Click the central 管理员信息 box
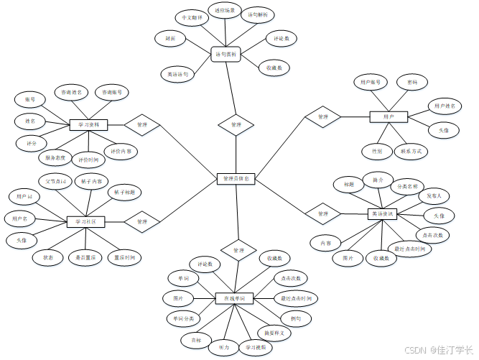point(236,178)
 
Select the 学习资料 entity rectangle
point(88,124)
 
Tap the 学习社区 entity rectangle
point(86,222)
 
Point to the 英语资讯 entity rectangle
point(383,213)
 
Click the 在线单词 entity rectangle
point(235,297)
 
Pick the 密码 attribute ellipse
point(411,83)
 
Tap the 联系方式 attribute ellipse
point(411,151)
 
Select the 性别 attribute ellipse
point(377,151)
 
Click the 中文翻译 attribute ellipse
point(190,16)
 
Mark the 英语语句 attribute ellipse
point(177,73)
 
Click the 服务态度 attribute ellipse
point(55,157)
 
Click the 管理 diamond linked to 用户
point(323,116)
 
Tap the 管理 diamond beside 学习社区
point(141,221)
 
